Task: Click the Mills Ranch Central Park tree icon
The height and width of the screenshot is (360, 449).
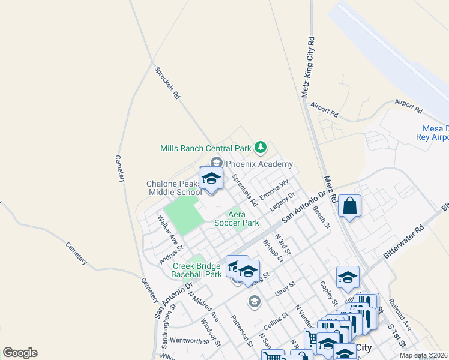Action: pyautogui.click(x=260, y=146)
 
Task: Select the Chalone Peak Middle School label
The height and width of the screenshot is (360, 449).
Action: pyautogui.click(x=174, y=188)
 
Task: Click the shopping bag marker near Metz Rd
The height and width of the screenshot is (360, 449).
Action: pyautogui.click(x=349, y=208)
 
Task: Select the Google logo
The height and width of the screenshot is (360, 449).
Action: pyautogui.click(x=20, y=353)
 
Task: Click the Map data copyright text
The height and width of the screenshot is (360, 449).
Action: pyautogui.click(x=423, y=355)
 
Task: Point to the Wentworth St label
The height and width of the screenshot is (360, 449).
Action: pyautogui.click(x=189, y=340)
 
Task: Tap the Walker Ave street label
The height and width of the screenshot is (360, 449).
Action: pyautogui.click(x=169, y=230)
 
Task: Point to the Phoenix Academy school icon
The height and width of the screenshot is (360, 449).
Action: pyautogui.click(x=216, y=162)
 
